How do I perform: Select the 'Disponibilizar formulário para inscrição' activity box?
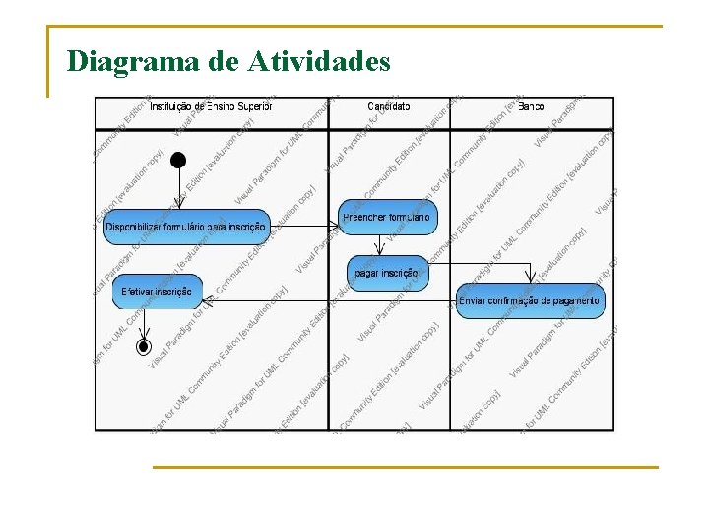tap(185, 227)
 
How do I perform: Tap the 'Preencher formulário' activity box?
tap(386, 217)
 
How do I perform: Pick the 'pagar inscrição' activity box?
tap(388, 273)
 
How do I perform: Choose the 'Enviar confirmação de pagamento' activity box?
tap(530, 300)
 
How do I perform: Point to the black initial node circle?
tap(177, 160)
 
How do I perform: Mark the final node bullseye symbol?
tap(144, 346)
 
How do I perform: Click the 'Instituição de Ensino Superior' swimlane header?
tap(211, 106)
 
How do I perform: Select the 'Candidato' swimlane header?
tap(389, 106)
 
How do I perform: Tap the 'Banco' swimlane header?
tap(532, 106)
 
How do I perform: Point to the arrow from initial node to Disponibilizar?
tap(177, 188)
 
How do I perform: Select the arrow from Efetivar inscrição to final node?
tap(144, 324)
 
